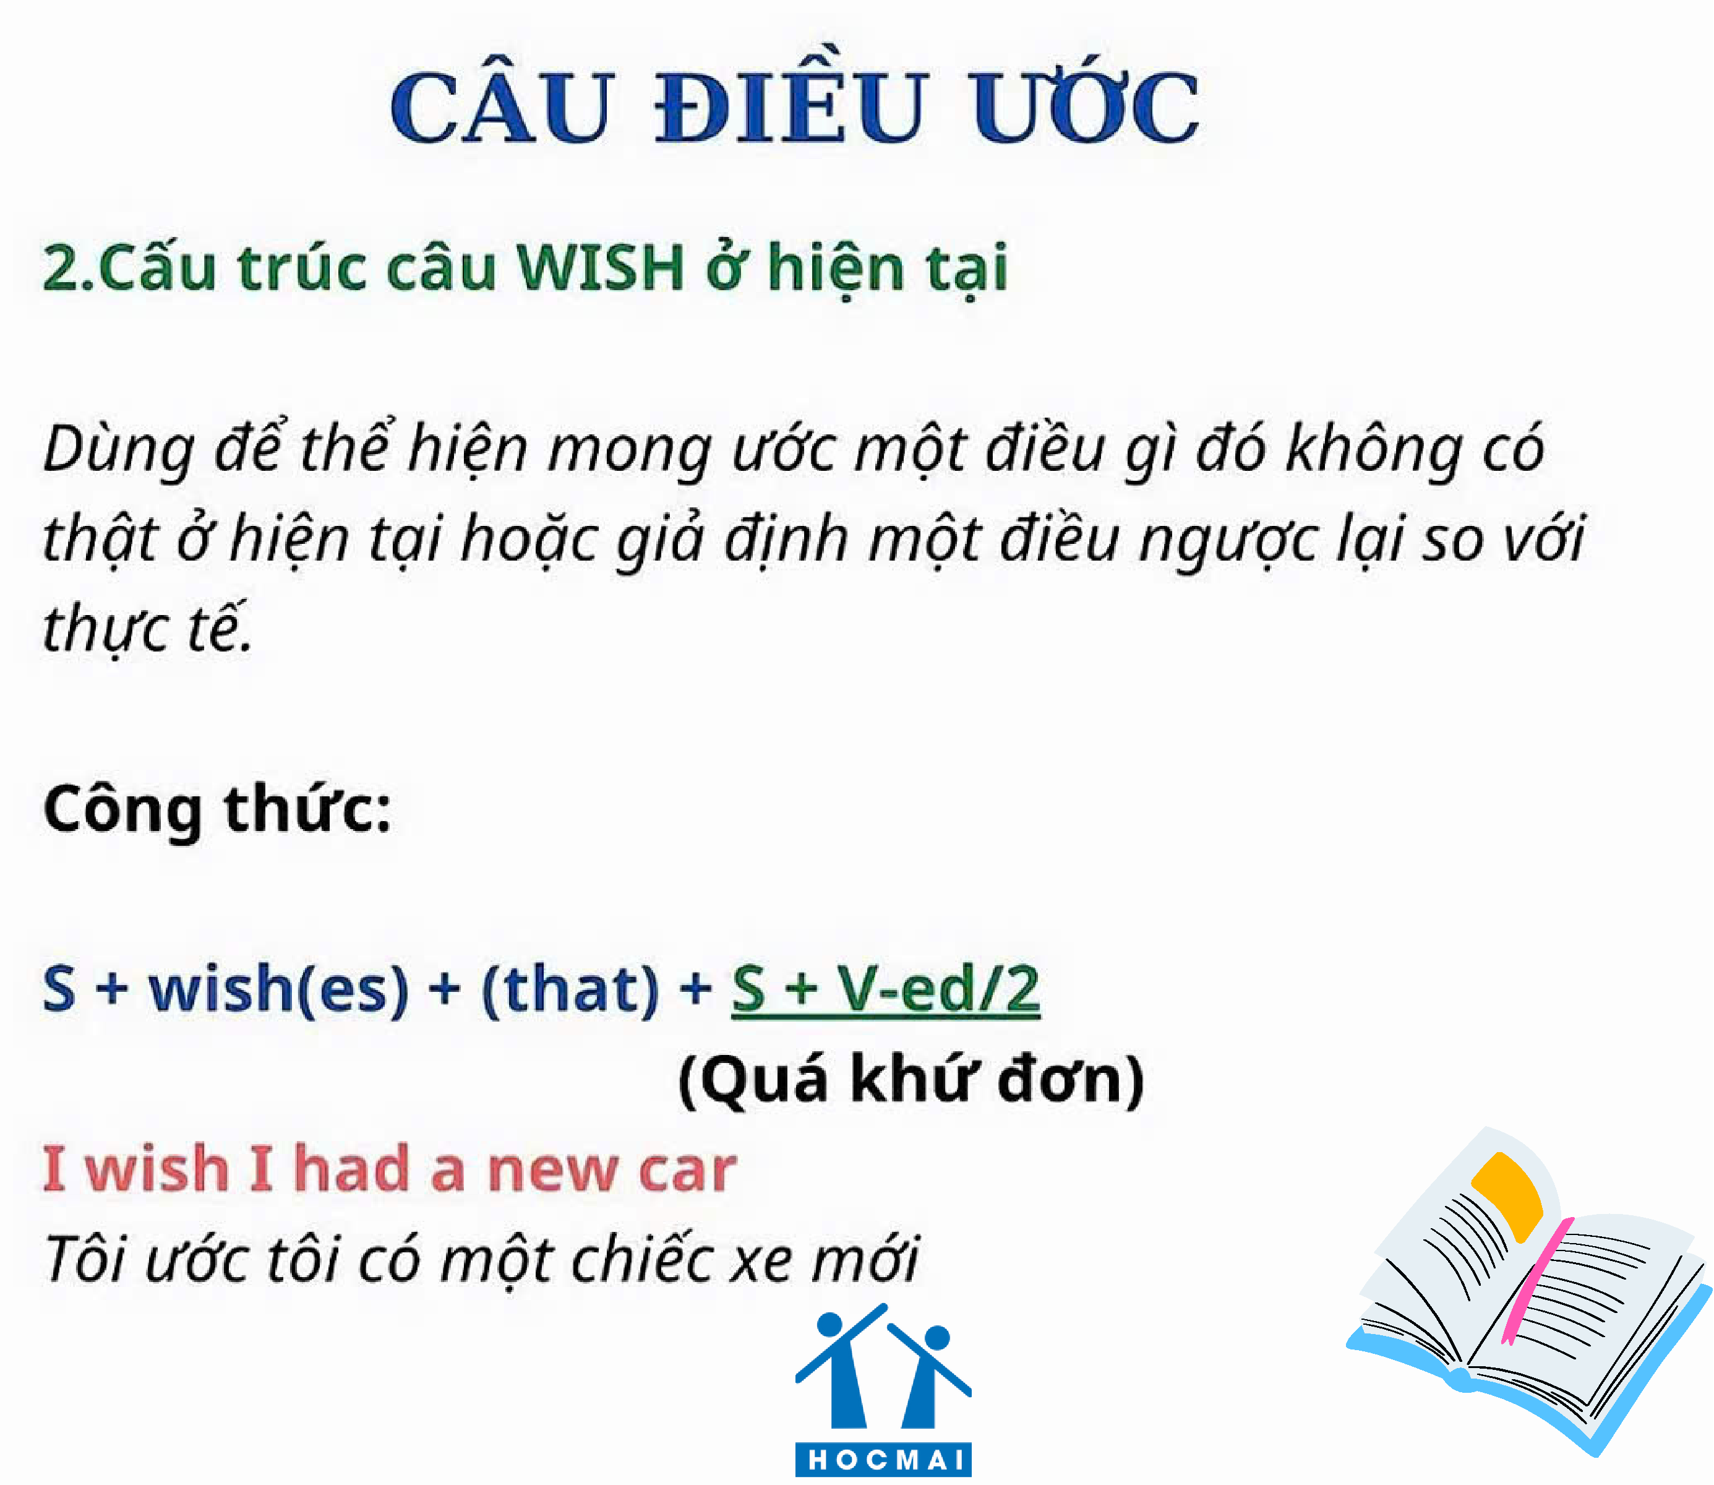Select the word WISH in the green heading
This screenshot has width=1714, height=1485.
pyautogui.click(x=600, y=268)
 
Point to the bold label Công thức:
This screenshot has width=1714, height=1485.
pyautogui.click(x=217, y=809)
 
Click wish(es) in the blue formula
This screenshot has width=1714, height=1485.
pyautogui.click(x=278, y=989)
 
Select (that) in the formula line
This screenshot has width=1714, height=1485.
pyautogui.click(x=570, y=989)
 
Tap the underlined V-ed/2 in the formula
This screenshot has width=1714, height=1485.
pyautogui.click(x=938, y=989)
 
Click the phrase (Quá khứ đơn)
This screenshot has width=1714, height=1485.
pyautogui.click(x=911, y=1080)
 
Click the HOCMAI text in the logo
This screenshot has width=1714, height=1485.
pyautogui.click(x=884, y=1459)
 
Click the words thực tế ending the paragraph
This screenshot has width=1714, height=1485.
pyautogui.click(x=147, y=628)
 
